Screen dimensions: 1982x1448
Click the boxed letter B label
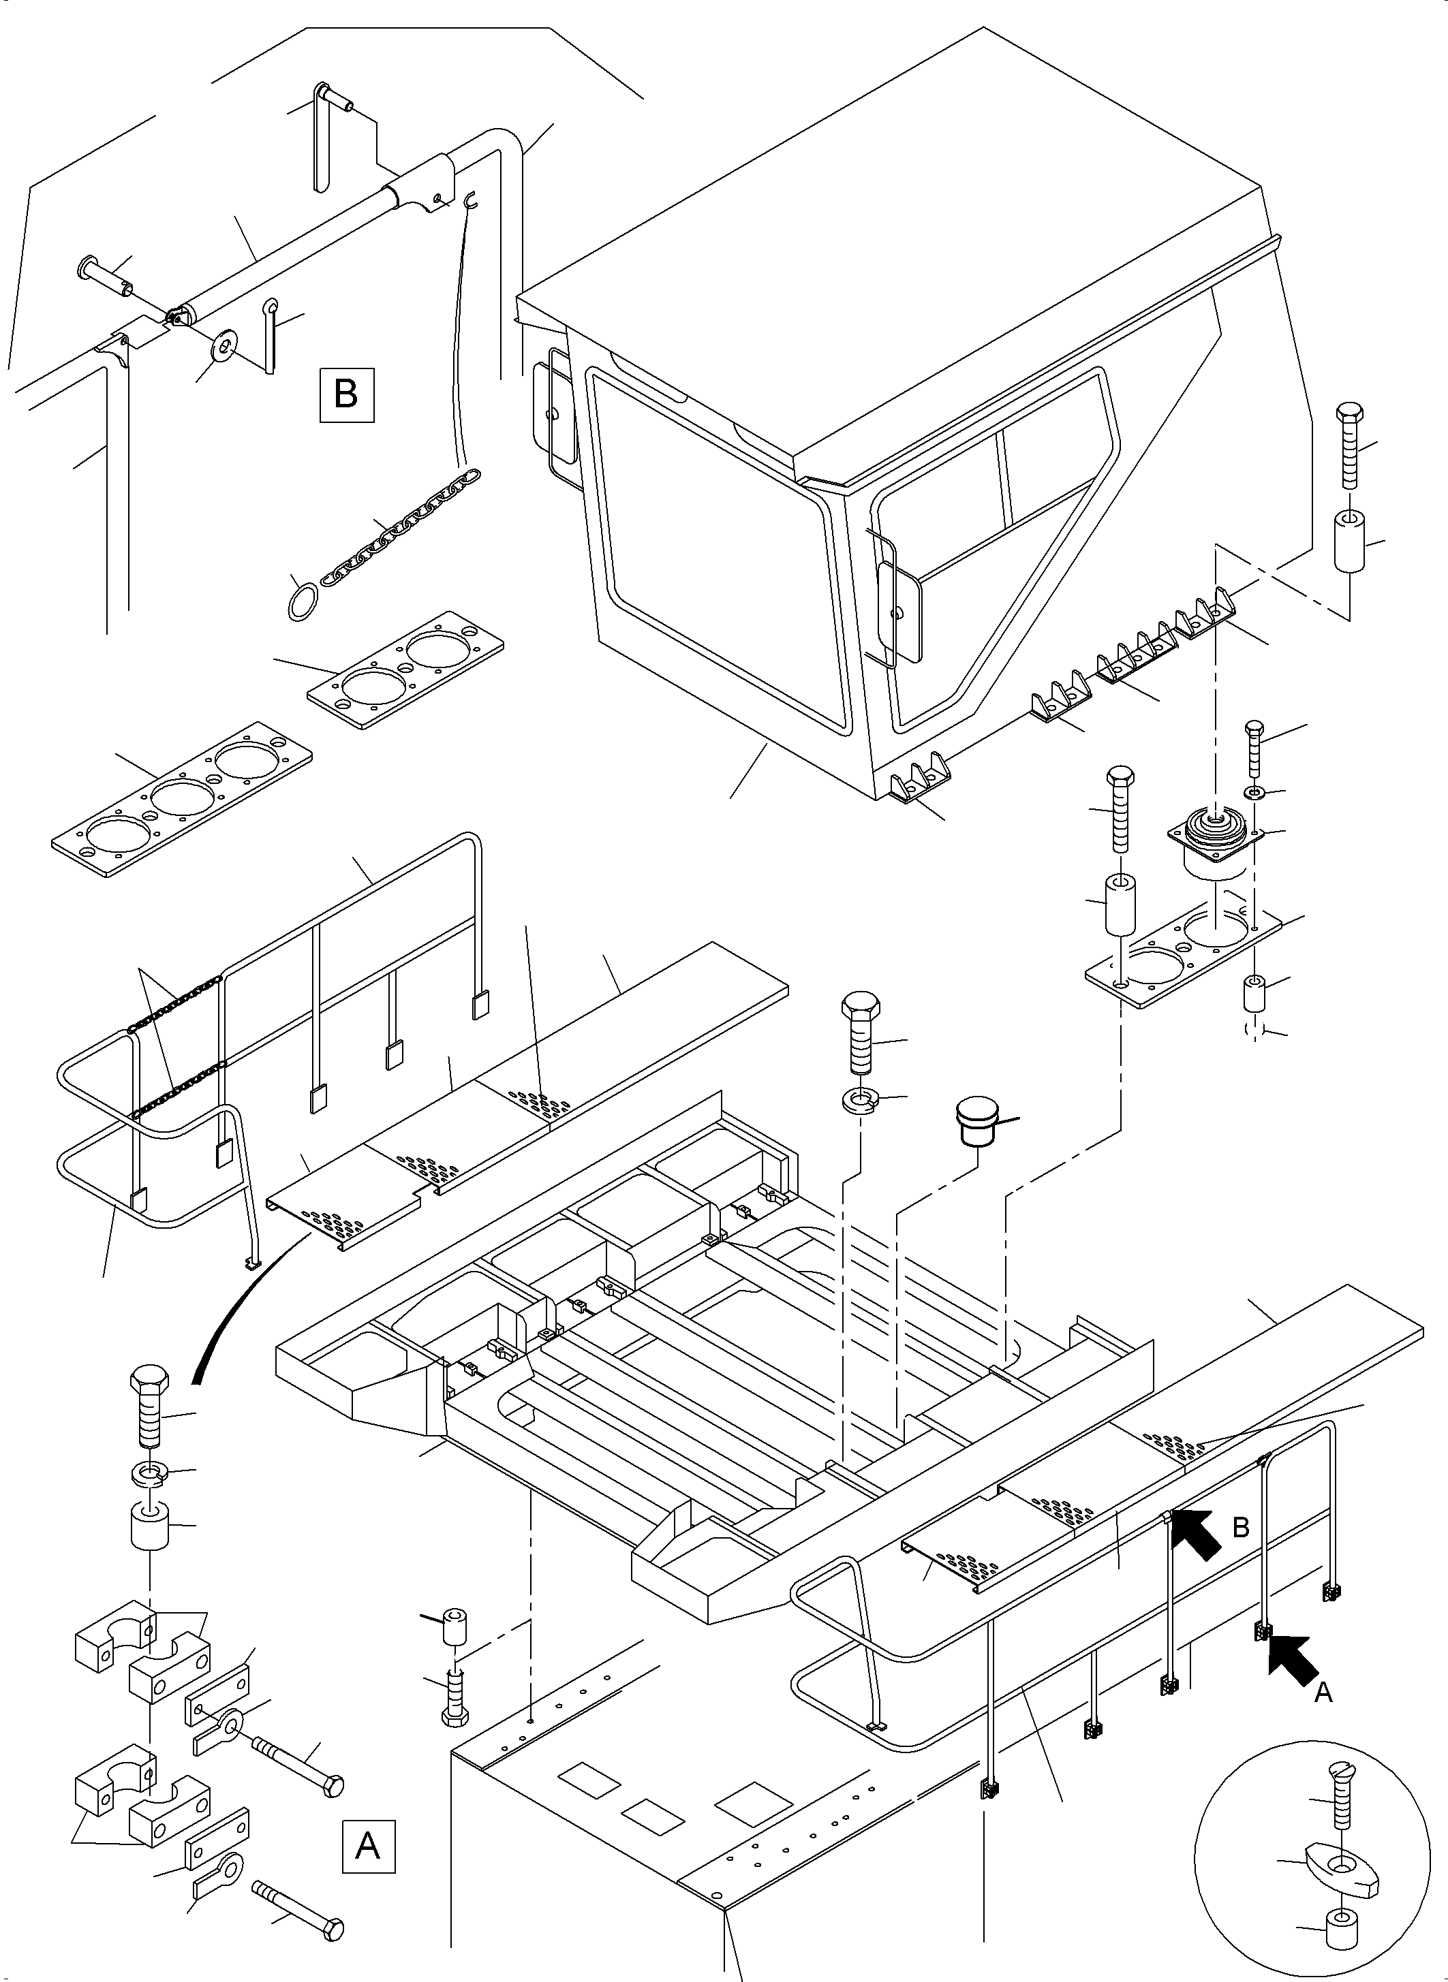pos(346,394)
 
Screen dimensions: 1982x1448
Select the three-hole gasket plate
pos(181,798)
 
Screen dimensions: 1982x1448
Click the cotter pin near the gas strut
pos(273,334)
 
